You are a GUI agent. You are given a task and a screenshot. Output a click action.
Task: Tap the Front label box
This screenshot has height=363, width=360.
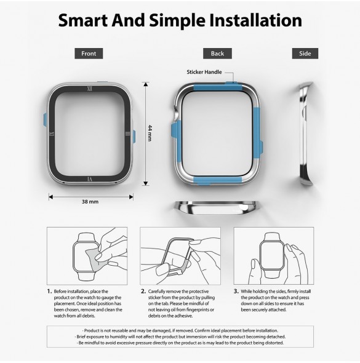coord(89,54)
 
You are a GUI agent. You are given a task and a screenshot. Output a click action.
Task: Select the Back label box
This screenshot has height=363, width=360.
coord(217,54)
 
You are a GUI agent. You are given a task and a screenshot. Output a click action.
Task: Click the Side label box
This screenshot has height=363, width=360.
coord(305,54)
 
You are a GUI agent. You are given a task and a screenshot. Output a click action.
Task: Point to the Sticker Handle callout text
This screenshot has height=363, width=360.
coord(204,72)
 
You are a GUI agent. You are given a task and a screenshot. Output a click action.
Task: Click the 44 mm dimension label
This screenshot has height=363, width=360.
coord(150,133)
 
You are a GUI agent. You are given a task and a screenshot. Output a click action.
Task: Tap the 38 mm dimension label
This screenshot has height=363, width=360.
coord(90,202)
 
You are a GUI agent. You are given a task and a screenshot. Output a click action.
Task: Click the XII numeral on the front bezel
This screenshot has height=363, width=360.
coord(89,89)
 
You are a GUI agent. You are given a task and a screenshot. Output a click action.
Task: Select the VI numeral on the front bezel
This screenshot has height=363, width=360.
coord(90,179)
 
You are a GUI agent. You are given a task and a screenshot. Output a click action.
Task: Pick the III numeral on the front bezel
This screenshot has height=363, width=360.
coord(127,134)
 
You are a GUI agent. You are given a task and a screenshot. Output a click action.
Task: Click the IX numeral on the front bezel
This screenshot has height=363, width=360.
coord(52,134)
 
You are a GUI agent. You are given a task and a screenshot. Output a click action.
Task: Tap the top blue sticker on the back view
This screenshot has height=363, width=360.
coord(218,87)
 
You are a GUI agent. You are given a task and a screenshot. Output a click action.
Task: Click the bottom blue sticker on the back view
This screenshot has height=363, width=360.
coord(218,180)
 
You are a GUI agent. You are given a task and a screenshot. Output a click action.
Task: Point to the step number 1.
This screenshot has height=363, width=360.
coord(49,291)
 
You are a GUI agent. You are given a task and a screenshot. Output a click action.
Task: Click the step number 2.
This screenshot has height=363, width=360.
coord(143,291)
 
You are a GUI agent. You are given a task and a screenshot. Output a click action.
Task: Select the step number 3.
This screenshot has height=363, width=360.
coord(236,291)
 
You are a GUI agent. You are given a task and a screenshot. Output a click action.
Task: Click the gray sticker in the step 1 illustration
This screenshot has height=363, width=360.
coord(94,259)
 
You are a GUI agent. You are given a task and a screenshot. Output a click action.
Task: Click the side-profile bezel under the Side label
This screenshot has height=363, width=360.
coord(305,134)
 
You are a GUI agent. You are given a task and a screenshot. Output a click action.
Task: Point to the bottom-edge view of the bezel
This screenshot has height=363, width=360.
coord(215,207)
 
